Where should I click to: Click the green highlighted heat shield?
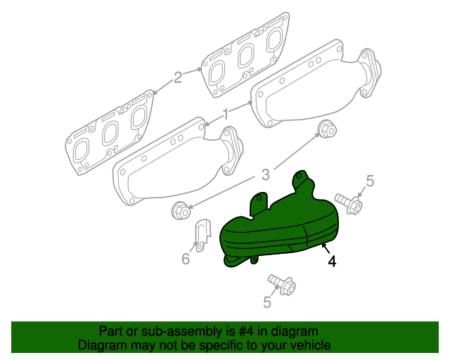(x=281, y=225)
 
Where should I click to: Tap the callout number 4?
(x=331, y=262)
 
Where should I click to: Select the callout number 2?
(x=178, y=77)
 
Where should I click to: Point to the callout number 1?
(x=226, y=114)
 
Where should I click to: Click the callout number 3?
(x=265, y=174)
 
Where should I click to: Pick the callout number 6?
(x=186, y=259)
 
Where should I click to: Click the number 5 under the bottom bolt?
(x=266, y=302)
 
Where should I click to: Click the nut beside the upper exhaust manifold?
(x=327, y=129)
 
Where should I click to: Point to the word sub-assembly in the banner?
(x=179, y=331)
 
